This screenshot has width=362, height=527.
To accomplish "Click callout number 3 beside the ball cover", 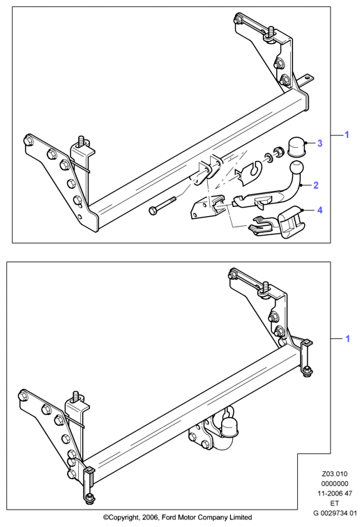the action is tap(319, 143).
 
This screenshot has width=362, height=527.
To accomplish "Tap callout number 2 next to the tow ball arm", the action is tap(315, 185).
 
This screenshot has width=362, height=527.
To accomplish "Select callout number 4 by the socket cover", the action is tap(319, 210).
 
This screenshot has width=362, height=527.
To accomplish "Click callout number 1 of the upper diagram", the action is tap(347, 135).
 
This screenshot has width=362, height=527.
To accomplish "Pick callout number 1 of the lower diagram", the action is tap(348, 339).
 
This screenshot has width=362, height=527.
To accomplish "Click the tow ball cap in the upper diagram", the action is tap(297, 146).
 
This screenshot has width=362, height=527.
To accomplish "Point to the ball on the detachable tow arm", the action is tap(296, 168).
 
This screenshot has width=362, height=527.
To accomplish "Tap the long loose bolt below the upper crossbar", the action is tap(162, 206).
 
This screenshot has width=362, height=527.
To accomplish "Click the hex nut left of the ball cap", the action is tap(278, 151).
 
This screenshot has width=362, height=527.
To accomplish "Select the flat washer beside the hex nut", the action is tap(269, 157).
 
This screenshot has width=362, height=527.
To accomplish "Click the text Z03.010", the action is tap(334, 474).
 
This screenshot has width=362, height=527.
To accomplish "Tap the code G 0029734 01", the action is tap(334, 513).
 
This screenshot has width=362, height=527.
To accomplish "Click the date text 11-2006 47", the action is tap(334, 494).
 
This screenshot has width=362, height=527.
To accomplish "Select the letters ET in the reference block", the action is tap(334, 503).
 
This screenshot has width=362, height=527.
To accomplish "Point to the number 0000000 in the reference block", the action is tap(334, 484).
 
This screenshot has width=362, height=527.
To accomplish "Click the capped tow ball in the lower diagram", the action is tap(228, 427).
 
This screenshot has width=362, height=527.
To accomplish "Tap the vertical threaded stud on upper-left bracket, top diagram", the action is tap(81, 141).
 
